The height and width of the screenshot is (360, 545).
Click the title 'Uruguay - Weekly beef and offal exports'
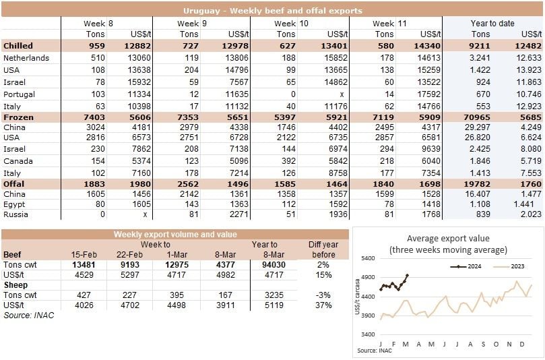272,11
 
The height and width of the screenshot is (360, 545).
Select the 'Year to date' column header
492,23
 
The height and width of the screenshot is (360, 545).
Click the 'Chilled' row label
19,46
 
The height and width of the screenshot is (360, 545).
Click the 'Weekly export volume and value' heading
174,235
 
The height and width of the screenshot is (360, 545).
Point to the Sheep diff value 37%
323,305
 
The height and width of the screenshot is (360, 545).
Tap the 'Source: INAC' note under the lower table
28,315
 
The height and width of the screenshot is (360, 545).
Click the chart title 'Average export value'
448,238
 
